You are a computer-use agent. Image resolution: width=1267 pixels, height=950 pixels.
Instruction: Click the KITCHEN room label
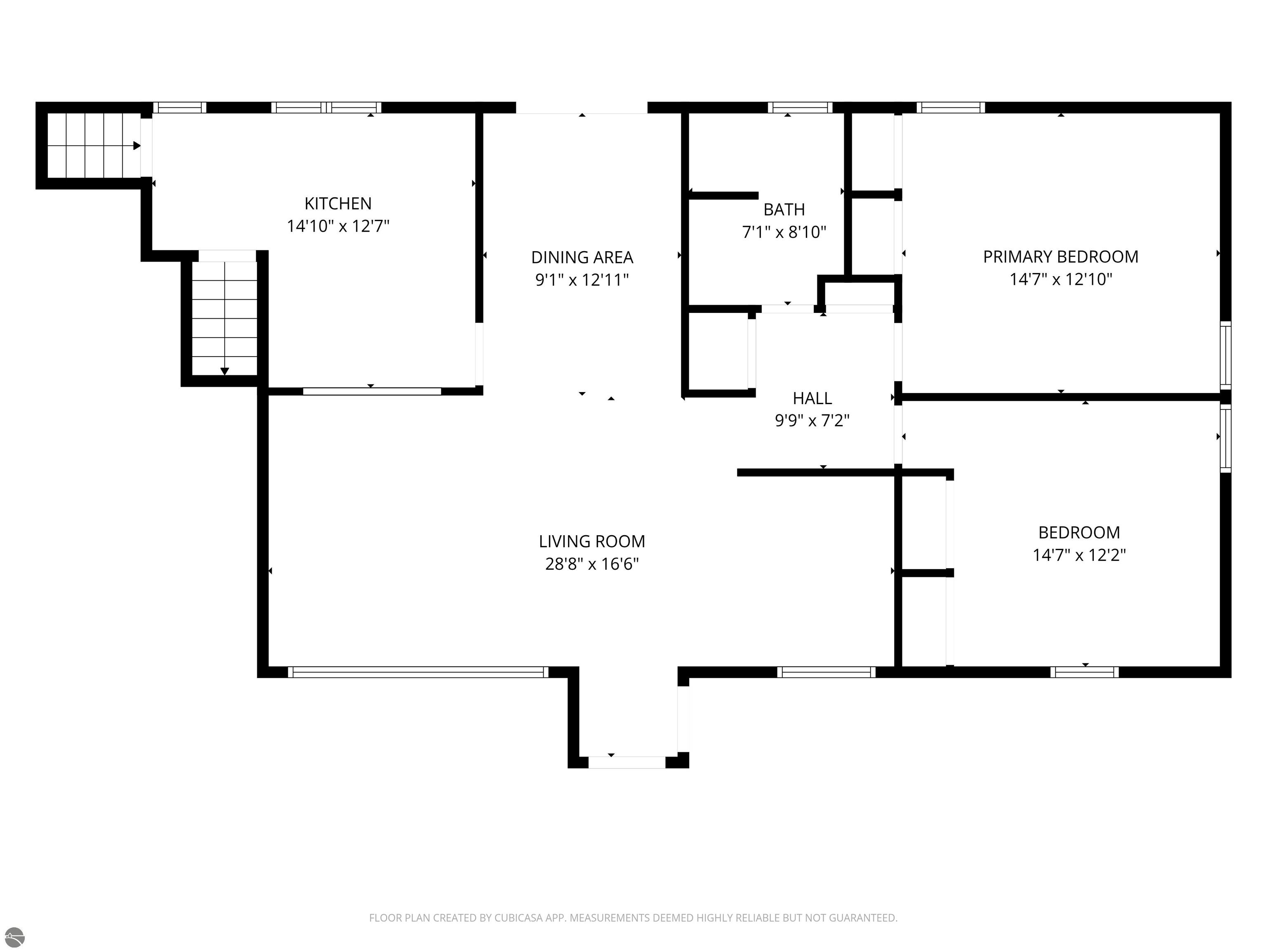(x=338, y=203)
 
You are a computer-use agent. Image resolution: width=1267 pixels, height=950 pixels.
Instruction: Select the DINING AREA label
(x=582, y=257)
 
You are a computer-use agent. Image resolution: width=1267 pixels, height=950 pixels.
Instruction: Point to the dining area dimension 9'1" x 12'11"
(x=582, y=280)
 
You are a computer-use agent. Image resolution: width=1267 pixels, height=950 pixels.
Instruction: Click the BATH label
(x=784, y=209)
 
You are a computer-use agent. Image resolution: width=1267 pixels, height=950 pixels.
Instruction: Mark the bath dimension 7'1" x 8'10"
(x=784, y=232)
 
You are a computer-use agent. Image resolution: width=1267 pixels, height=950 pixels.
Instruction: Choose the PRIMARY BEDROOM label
(x=1061, y=256)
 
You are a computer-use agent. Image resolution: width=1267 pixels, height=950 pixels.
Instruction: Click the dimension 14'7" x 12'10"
(x=1061, y=280)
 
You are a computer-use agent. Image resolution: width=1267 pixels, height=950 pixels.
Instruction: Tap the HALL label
(x=812, y=398)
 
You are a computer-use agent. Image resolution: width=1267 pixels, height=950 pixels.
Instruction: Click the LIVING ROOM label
(x=592, y=541)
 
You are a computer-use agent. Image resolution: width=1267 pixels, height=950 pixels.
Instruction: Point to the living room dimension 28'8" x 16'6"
(x=592, y=564)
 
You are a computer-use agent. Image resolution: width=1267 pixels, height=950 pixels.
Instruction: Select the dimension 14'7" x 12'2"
(x=1079, y=555)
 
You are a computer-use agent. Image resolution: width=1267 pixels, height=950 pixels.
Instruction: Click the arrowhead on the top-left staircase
(x=137, y=146)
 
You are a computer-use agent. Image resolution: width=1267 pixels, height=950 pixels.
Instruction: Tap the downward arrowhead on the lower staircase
(x=224, y=372)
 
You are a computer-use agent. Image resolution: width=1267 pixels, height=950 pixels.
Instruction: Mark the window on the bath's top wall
(x=800, y=108)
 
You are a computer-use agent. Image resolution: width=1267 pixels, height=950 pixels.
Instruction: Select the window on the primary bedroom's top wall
(x=951, y=108)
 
